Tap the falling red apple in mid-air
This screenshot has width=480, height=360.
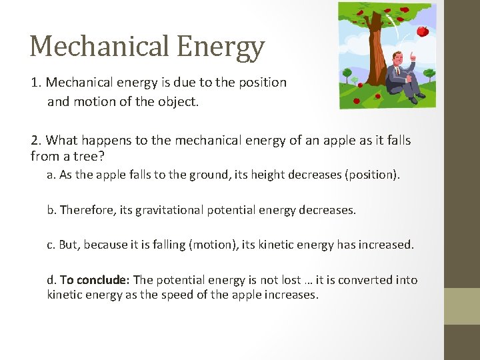422,31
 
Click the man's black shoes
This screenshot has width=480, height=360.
417,99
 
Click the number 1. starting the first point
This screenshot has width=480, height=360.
36,83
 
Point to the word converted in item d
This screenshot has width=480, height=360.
370,279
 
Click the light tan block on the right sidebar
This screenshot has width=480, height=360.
461,306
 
